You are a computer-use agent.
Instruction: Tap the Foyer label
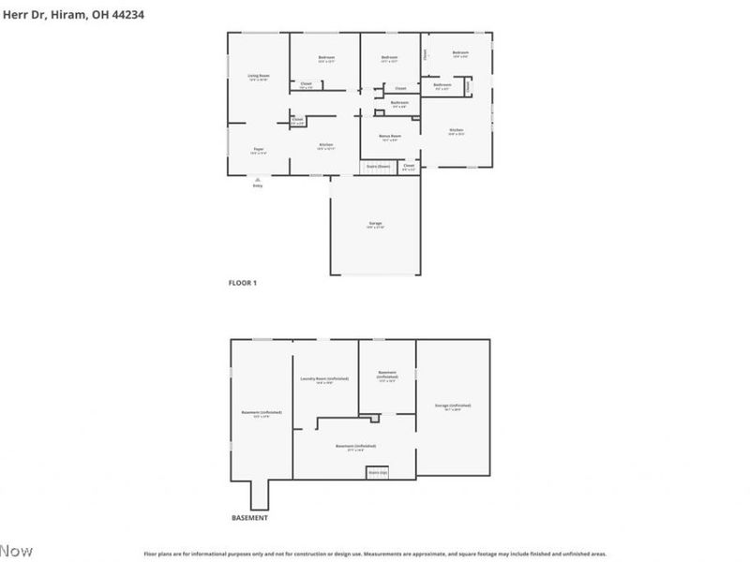[x=259, y=149]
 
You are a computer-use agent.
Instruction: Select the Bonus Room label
[x=390, y=136]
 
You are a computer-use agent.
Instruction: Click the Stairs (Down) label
[x=379, y=167]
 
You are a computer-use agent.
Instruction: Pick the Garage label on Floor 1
[x=375, y=223]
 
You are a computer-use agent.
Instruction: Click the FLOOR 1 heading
[x=243, y=282]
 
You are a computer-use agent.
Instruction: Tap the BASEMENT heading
[x=249, y=518]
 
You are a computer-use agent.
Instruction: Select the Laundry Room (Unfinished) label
[x=324, y=378]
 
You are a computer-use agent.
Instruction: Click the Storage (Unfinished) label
[x=453, y=406]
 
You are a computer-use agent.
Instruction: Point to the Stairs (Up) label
[x=377, y=472]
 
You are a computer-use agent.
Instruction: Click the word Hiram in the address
[x=62, y=15]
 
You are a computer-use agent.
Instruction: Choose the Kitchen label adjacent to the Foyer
[x=325, y=144]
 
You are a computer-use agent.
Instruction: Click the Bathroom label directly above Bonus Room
[x=399, y=102]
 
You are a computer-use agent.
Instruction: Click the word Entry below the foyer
[x=258, y=185]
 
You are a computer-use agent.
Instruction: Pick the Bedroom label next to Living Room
[x=325, y=58]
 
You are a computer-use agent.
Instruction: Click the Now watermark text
[x=16, y=550]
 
